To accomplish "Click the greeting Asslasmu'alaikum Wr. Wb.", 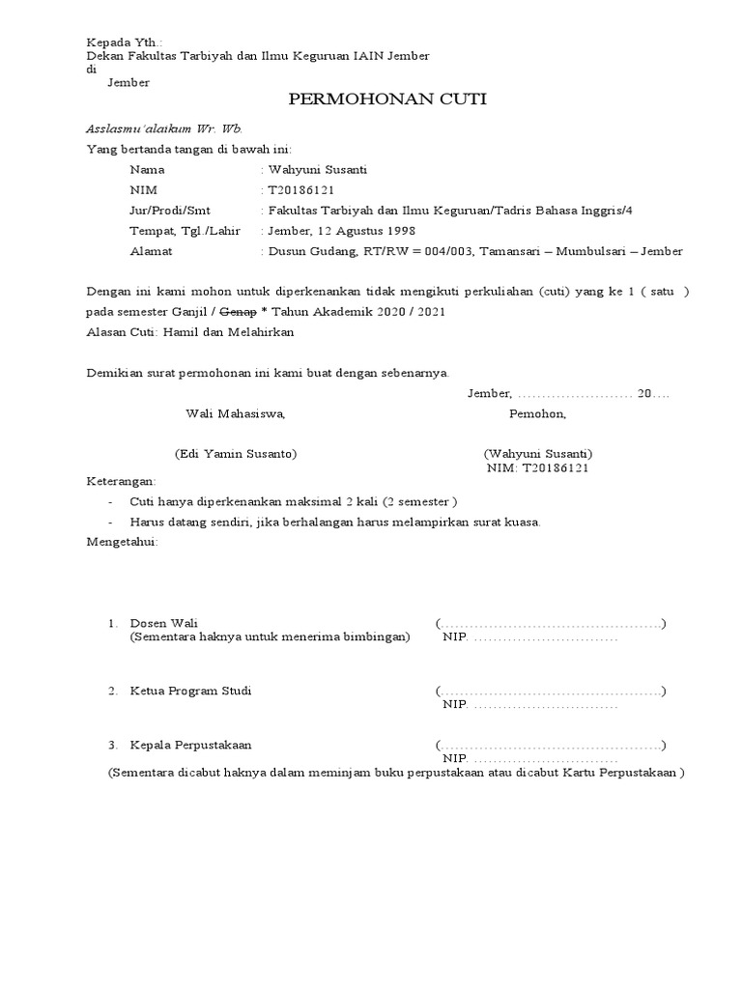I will click(x=164, y=128).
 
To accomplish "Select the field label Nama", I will click(x=147, y=170).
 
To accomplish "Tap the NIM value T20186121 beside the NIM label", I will click(x=301, y=190).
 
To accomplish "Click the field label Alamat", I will click(x=151, y=251).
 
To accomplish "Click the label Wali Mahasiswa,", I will click(x=235, y=414).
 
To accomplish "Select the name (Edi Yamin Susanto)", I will click(x=235, y=454).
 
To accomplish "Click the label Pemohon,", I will click(x=538, y=414).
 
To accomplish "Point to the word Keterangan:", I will click(x=121, y=481).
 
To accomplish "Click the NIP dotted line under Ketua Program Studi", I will click(x=546, y=705).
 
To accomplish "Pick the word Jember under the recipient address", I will click(x=128, y=83).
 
